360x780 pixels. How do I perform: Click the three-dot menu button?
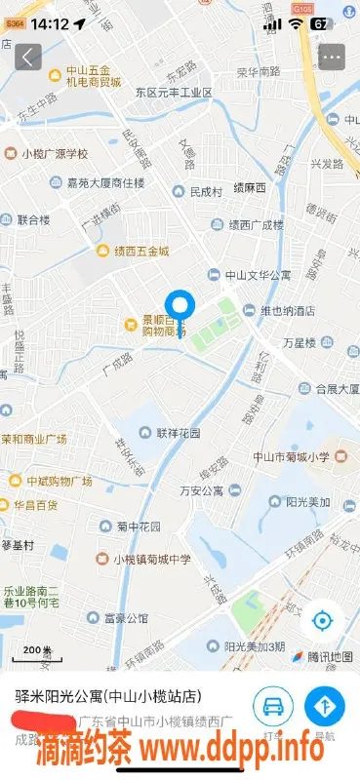[331, 57]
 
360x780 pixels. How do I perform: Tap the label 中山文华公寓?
[258, 276]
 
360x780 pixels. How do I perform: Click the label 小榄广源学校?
[55, 153]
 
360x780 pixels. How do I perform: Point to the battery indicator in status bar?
[320, 22]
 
